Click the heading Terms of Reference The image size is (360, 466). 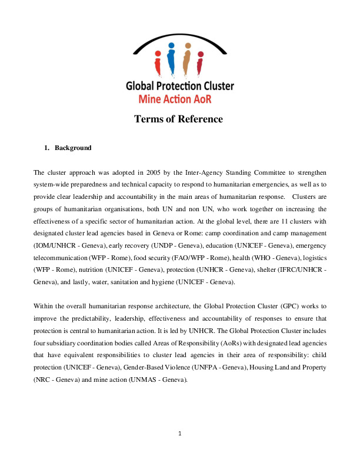pos(178,119)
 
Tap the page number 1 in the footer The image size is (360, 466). pos(180,434)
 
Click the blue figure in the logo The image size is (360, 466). pos(171,56)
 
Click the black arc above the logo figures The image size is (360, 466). pos(179,38)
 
